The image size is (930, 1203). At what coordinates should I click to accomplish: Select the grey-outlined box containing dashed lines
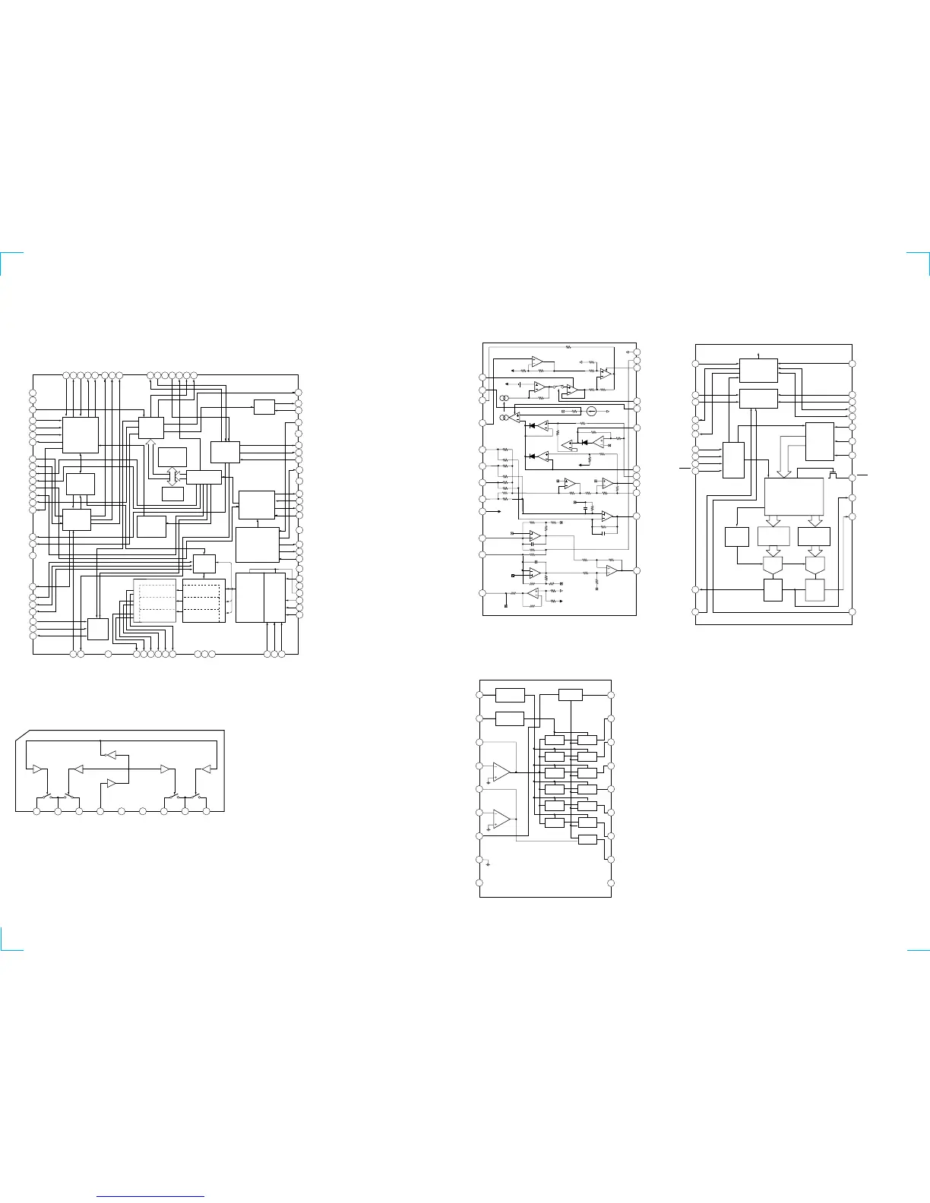pyautogui.click(x=154, y=600)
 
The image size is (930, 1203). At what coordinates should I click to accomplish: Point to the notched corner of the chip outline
pyautogui.click(x=21, y=734)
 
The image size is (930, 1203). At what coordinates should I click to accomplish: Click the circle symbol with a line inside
pyautogui.click(x=591, y=411)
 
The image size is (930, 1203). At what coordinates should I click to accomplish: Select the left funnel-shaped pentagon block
pyautogui.click(x=772, y=565)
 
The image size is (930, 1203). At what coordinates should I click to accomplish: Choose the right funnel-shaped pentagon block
pyautogui.click(x=815, y=565)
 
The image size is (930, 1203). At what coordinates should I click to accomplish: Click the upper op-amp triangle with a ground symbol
pyautogui.click(x=501, y=772)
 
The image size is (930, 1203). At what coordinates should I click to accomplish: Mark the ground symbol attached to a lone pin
pyautogui.click(x=487, y=864)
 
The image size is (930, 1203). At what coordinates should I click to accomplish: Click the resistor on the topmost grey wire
pyautogui.click(x=568, y=347)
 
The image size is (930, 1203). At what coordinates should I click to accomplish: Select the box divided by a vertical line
pyautogui.click(x=261, y=598)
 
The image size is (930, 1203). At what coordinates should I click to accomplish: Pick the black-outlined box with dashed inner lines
pyautogui.click(x=204, y=601)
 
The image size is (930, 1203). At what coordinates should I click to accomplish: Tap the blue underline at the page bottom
pyautogui.click(x=151, y=1196)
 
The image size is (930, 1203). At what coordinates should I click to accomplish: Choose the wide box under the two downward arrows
pyautogui.click(x=793, y=497)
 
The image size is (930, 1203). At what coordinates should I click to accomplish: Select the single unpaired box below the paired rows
pyautogui.click(x=587, y=839)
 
